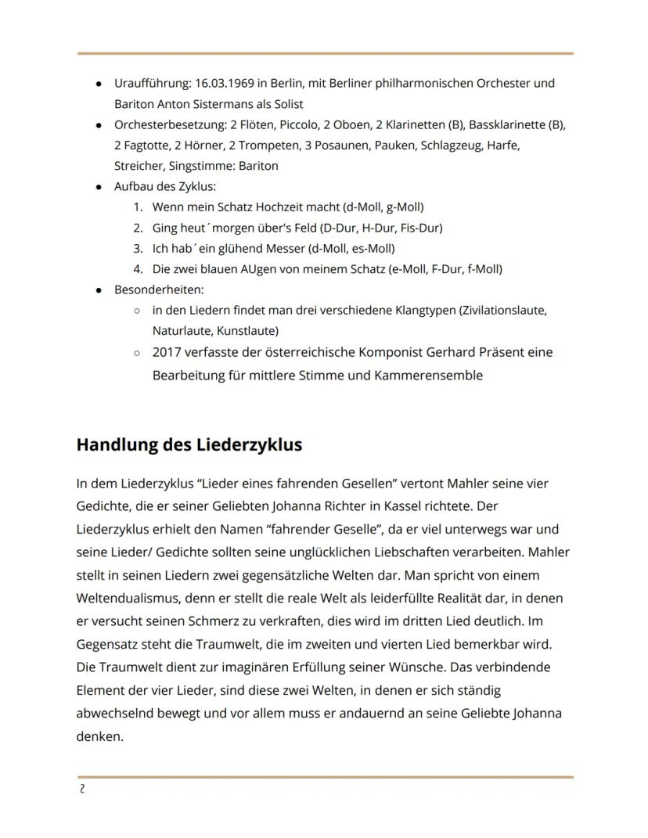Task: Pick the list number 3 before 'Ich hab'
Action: pyautogui.click(x=137, y=249)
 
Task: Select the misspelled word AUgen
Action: pyautogui.click(x=241, y=269)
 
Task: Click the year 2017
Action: pyautogui.click(x=167, y=352)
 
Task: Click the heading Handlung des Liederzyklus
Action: pyautogui.click(x=189, y=444)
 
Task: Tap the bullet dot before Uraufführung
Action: pyautogui.click(x=98, y=84)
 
